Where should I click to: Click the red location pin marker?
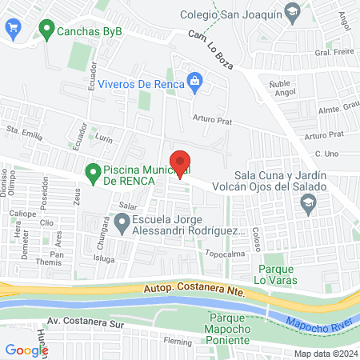coord(181,163)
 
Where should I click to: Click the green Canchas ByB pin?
coord(46,34)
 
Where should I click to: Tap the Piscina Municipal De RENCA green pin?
coord(92,171)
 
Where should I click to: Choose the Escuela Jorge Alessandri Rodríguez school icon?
coord(122,226)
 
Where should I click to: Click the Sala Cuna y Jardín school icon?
coord(307,206)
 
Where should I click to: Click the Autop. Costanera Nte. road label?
coord(194,290)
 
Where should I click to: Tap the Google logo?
coord(26,350)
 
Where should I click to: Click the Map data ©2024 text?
coord(323,353)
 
